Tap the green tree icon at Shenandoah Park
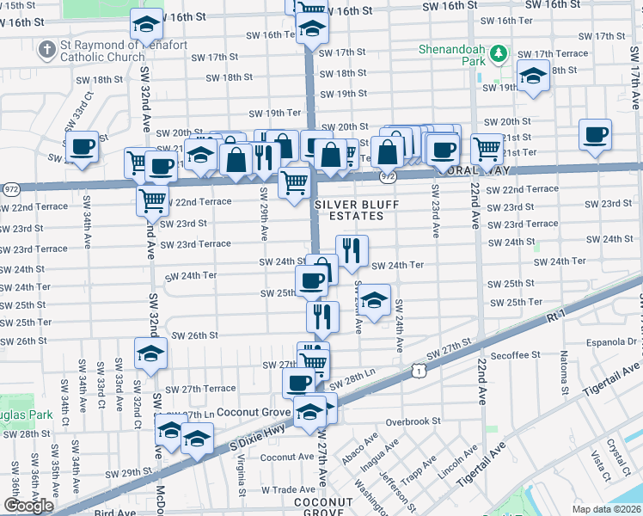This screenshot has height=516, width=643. click(x=498, y=56)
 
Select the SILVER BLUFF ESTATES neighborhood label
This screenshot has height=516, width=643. click(x=349, y=210)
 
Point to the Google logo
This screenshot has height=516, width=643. click(x=28, y=507)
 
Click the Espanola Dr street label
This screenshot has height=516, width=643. click(x=613, y=341)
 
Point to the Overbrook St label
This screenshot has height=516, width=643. click(x=413, y=421)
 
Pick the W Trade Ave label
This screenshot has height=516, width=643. click(x=286, y=489)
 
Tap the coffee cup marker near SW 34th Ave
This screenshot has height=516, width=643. click(x=83, y=145)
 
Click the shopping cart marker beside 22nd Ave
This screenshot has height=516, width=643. click(x=487, y=147)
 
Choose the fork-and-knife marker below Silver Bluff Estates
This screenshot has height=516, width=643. click(x=352, y=250)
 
